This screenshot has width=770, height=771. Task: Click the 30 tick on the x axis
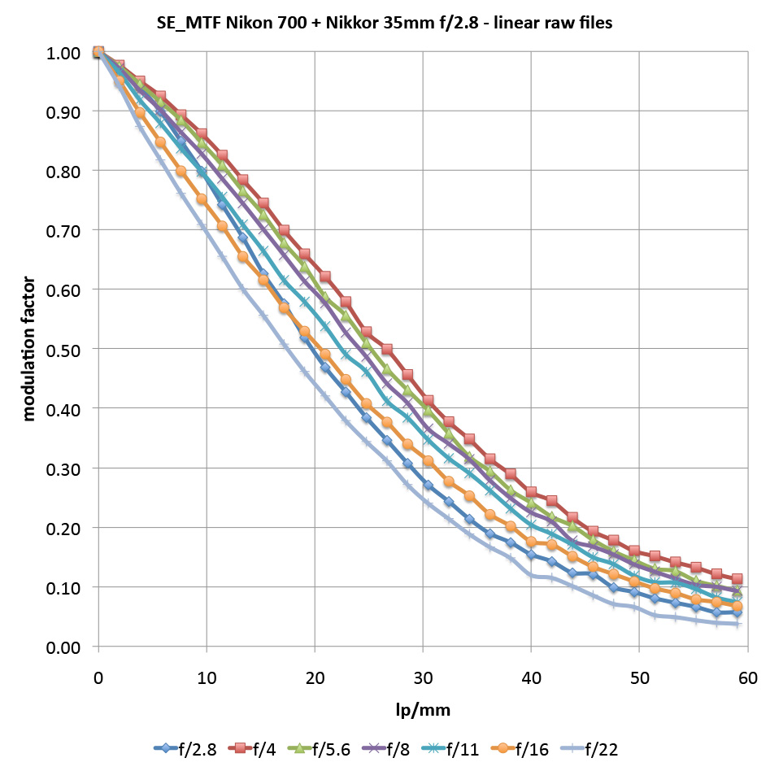pyautogui.click(x=423, y=677)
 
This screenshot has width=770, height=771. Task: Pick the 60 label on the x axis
pyautogui.click(x=747, y=677)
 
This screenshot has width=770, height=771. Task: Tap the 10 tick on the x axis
pyautogui.click(x=207, y=677)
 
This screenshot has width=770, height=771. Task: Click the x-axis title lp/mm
pyautogui.click(x=423, y=710)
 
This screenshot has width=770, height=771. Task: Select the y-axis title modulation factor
pyautogui.click(x=29, y=350)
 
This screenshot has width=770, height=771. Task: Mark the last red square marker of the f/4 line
pyautogui.click(x=737, y=579)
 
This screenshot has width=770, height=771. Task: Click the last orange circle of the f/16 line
pyautogui.click(x=737, y=607)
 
